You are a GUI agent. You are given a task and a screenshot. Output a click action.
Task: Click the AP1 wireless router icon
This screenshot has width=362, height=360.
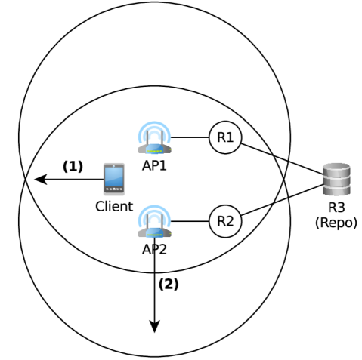pyautogui.click(x=155, y=139)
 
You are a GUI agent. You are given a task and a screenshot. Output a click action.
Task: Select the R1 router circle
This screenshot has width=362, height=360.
pyautogui.click(x=224, y=138)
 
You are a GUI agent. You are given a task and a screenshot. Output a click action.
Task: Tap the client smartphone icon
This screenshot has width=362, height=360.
pyautogui.click(x=114, y=180)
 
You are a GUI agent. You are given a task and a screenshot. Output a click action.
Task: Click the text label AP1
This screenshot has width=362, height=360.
pyautogui.click(x=155, y=166)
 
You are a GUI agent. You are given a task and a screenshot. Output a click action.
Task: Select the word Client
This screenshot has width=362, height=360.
pyautogui.click(x=114, y=205)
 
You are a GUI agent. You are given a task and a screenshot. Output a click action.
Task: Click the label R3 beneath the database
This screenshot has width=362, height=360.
pyautogui.click(x=333, y=209)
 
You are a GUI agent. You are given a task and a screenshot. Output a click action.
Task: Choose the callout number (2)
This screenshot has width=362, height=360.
pyautogui.click(x=169, y=285)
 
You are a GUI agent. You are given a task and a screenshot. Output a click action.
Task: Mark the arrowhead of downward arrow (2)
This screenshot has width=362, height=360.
pyautogui.click(x=155, y=326)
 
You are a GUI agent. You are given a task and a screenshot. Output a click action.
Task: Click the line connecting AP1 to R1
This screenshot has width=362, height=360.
pyautogui.click(x=191, y=138)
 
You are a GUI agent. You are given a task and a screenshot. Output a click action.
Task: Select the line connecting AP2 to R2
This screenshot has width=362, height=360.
pyautogui.click(x=191, y=220)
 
